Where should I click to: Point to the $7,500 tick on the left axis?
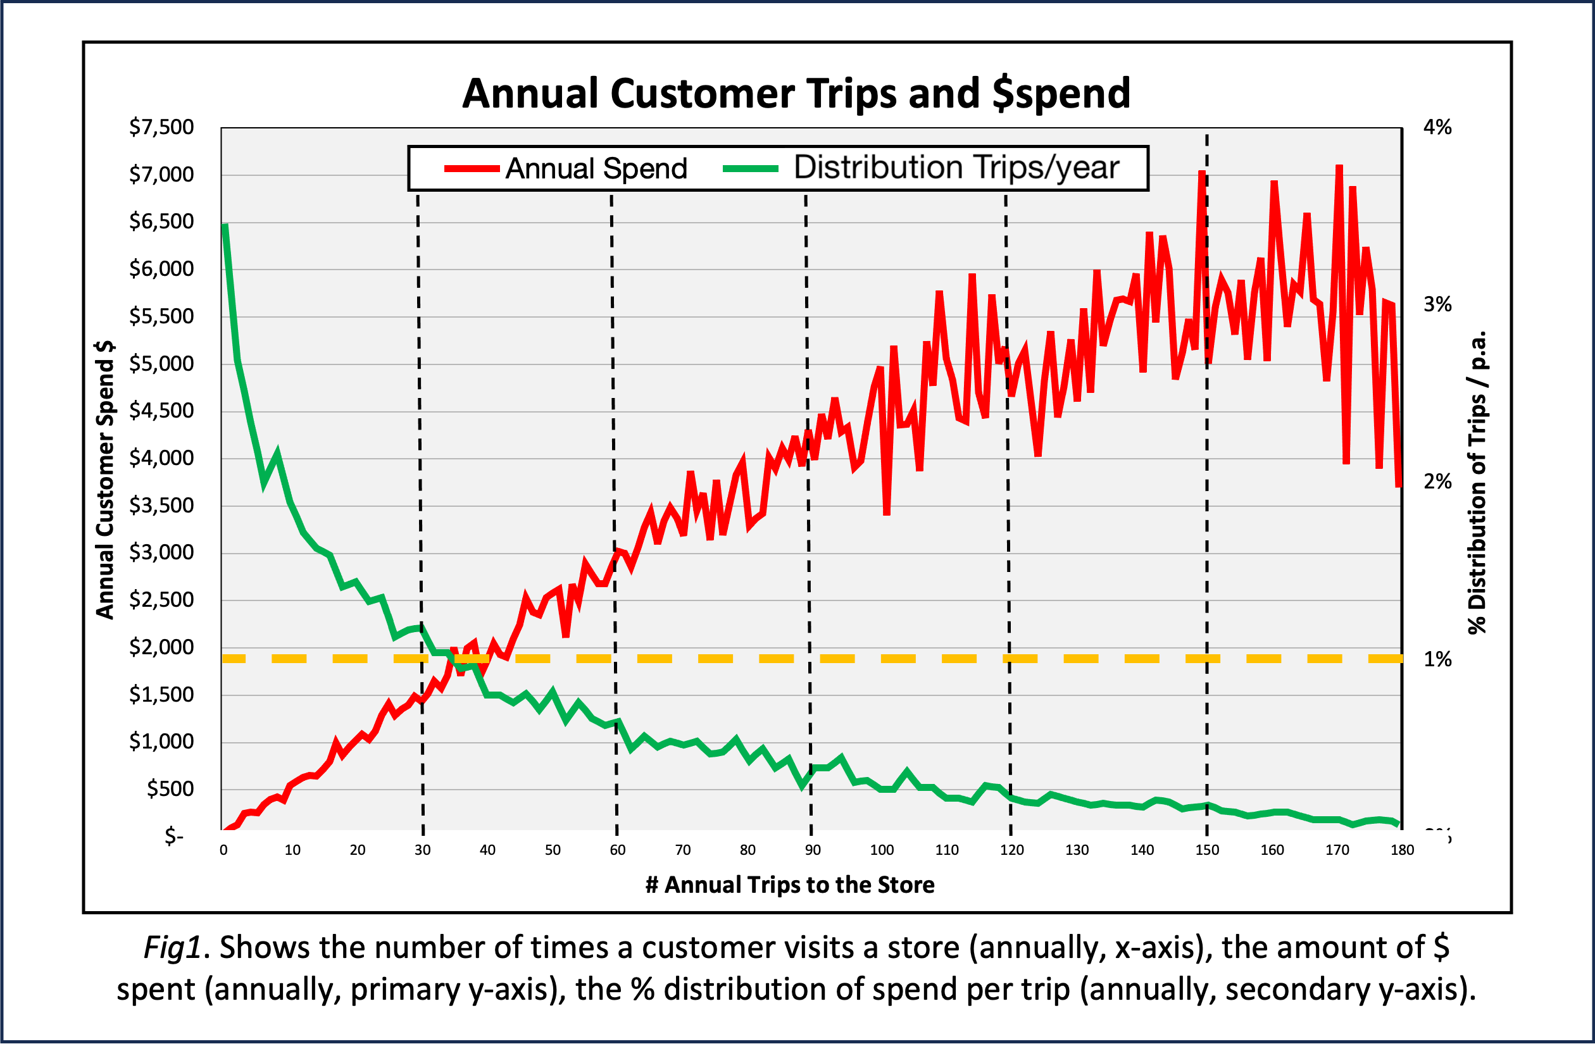(161, 127)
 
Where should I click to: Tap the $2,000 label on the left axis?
(161, 647)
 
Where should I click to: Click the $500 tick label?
(170, 789)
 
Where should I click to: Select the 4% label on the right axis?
(1437, 127)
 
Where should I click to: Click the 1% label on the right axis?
(1437, 659)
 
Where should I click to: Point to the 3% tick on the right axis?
(1437, 304)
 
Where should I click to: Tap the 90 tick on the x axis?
(812, 850)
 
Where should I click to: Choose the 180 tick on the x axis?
(1402, 850)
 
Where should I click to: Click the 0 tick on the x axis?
(223, 850)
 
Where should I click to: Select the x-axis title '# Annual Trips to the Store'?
(789, 885)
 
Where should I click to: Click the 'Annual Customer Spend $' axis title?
(105, 480)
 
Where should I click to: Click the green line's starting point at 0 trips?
(225, 226)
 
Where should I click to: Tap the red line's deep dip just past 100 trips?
(887, 513)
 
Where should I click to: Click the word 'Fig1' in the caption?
(172, 947)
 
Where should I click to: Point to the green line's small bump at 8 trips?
(277, 454)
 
